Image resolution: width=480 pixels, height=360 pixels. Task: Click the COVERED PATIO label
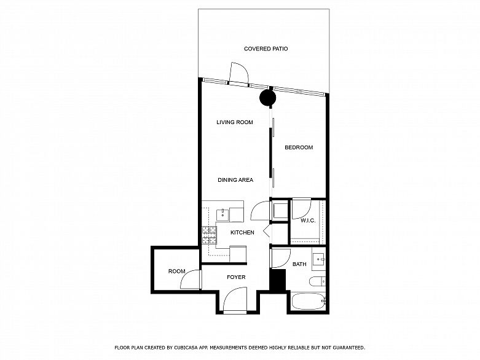tap(266, 49)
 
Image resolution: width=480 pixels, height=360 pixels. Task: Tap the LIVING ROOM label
tap(235, 122)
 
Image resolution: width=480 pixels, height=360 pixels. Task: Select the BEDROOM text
tap(299, 147)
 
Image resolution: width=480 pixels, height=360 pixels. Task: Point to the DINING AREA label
tap(235, 180)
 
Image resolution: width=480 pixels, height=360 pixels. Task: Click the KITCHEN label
tap(242, 232)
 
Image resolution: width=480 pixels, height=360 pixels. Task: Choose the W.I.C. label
tap(308, 221)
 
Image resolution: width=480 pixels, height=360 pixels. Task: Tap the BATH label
tap(299, 264)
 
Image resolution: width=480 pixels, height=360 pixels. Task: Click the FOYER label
tap(236, 277)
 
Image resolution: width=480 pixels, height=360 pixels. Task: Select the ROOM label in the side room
tap(176, 272)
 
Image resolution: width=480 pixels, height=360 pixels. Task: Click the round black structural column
tap(267, 98)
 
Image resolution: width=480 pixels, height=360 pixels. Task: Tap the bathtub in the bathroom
tap(308, 301)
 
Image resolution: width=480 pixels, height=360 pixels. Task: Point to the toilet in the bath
tap(318, 281)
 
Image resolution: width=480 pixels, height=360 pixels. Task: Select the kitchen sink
tap(222, 215)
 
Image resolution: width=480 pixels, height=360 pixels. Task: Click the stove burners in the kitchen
tap(209, 235)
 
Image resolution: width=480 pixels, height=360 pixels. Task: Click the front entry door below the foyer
tap(235, 300)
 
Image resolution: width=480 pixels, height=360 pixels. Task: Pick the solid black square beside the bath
tap(278, 280)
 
